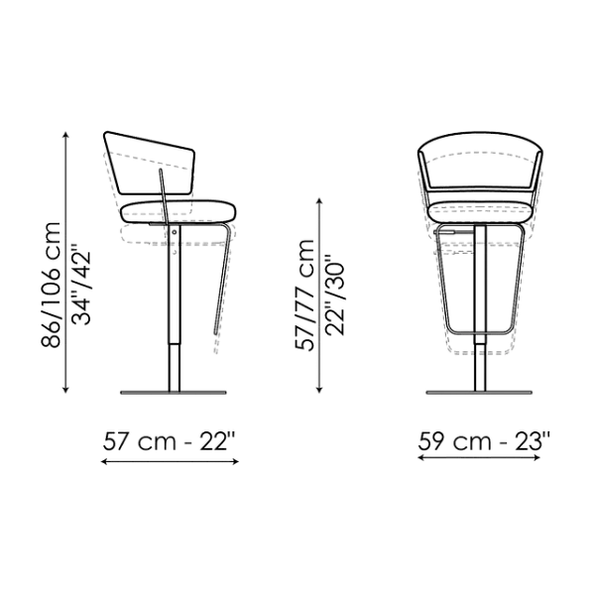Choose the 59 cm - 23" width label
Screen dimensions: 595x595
483,442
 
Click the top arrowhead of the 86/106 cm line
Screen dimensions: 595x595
67,140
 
